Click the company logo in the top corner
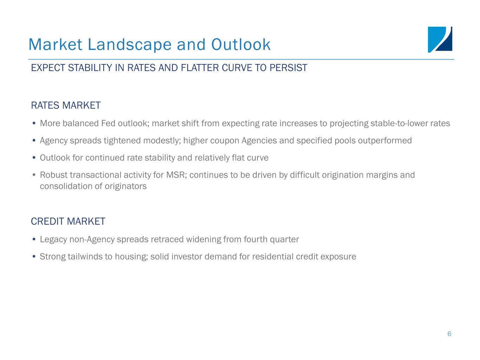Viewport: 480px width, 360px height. point(440,40)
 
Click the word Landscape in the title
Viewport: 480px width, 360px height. point(130,45)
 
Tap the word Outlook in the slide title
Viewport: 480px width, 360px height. point(241,45)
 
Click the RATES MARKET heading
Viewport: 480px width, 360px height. point(66,105)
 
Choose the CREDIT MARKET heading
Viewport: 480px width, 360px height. point(68,221)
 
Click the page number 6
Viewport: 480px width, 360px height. point(449,334)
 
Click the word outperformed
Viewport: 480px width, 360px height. point(385,141)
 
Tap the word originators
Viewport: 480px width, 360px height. point(126,186)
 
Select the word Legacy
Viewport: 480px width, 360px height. point(53,239)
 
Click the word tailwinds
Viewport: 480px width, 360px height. point(85,257)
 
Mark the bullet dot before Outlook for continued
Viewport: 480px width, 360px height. point(34,157)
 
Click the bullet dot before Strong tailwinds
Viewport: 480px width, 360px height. point(34,256)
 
